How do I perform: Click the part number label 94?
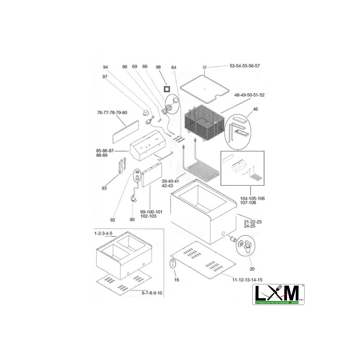tap(105, 67)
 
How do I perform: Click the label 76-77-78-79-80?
tap(112, 113)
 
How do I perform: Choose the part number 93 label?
tap(104, 188)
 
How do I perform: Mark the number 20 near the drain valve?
tap(251, 269)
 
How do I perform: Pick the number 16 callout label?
tap(176, 280)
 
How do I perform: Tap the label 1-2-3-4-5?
tap(103, 233)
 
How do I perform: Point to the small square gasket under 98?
tap(167, 88)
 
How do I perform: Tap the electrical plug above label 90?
tap(133, 198)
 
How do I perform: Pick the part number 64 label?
tap(174, 68)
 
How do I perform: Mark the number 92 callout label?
tap(113, 220)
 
